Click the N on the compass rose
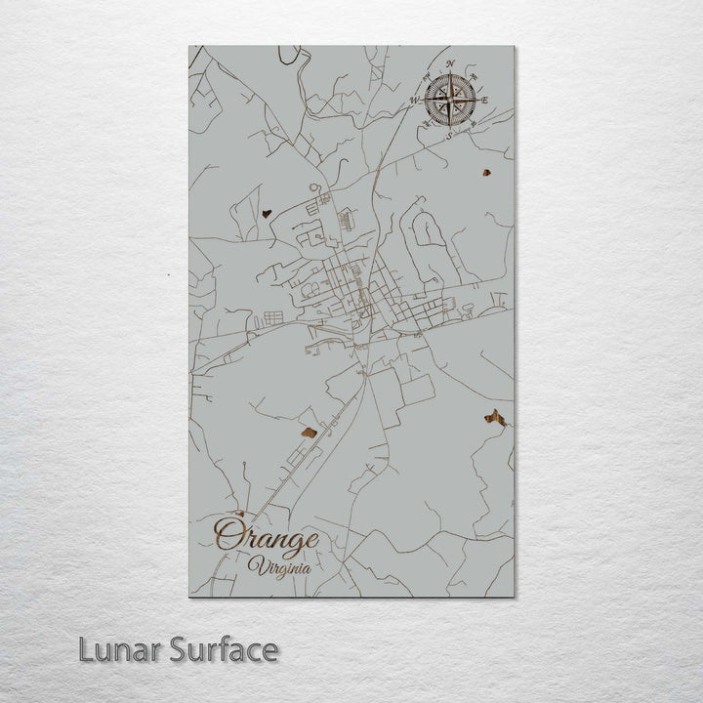click(449, 64)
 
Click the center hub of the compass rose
click(449, 99)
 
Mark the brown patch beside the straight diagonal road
click(307, 431)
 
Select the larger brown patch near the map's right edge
click(493, 418)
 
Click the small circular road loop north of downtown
click(314, 186)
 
